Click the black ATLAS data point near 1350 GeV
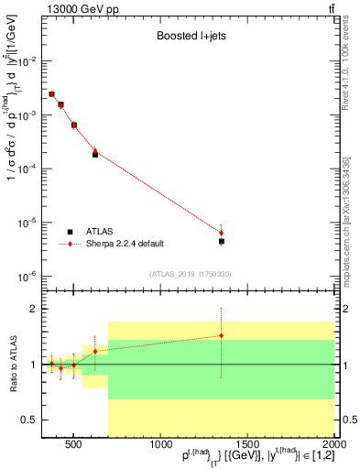click(222, 241)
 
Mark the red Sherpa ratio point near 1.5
click(222, 335)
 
